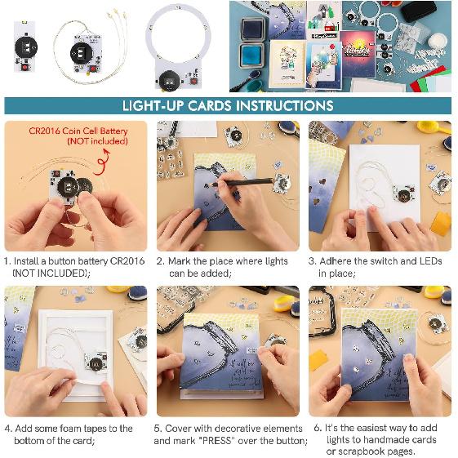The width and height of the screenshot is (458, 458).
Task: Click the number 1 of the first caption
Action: [x=7, y=261]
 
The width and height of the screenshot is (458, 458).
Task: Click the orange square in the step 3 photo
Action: [x=440, y=224]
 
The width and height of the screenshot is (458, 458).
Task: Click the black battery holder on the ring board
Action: [x=169, y=78]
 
